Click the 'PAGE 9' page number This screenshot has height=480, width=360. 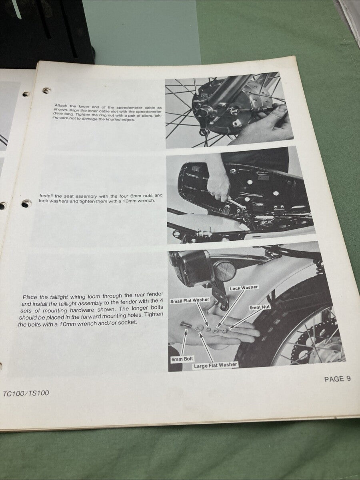point(337,379)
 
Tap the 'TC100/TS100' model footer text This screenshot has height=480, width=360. point(26,393)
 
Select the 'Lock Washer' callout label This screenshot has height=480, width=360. point(244,288)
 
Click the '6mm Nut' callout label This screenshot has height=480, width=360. point(260,308)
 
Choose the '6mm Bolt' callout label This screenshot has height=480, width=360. point(182,359)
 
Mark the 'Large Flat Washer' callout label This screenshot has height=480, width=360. point(216,364)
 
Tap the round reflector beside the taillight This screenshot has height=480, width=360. point(222,271)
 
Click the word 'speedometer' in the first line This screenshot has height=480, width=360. point(128,106)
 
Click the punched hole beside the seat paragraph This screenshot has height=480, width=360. point(26,204)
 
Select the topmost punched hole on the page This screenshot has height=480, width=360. point(47,90)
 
